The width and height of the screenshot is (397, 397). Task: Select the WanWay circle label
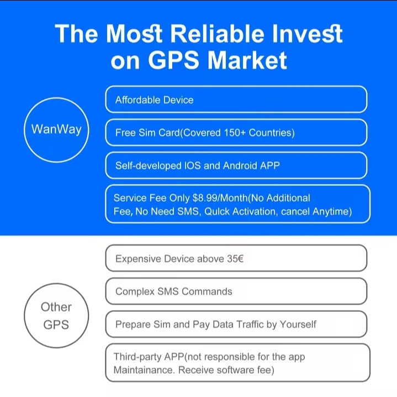click(56, 129)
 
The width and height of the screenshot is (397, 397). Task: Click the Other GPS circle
click(56, 316)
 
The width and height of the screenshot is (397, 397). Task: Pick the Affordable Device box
click(236, 100)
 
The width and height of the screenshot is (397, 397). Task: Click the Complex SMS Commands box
click(236, 291)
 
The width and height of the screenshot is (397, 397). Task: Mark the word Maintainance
click(143, 369)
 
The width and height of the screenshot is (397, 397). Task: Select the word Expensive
click(138, 259)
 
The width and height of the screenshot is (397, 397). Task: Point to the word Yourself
click(298, 325)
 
